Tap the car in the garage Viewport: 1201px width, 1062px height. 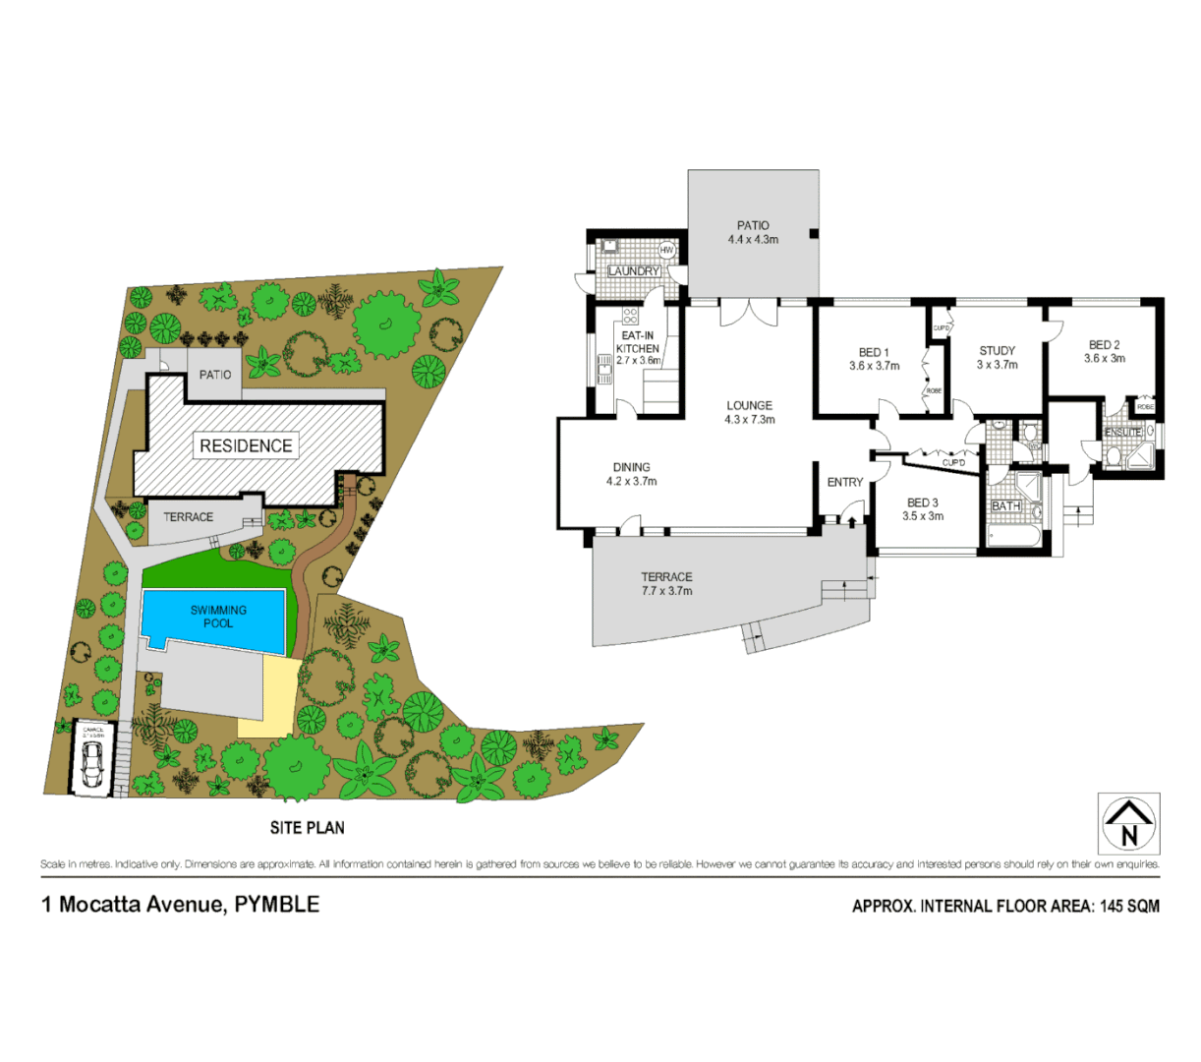coord(92,764)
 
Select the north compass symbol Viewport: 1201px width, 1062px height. coord(1128,823)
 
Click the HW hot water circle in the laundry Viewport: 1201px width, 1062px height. coord(666,251)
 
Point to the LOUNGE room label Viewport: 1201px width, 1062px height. coord(749,405)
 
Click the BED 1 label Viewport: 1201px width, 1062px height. coord(874,353)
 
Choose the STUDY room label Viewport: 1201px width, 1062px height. coord(997,351)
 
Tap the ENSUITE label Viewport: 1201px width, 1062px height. coord(1122,433)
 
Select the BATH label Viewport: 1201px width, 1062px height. coord(1005,506)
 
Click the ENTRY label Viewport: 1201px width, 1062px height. coord(845,482)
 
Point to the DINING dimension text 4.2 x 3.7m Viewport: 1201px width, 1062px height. coord(631,482)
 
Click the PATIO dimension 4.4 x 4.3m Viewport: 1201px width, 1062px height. coord(753,240)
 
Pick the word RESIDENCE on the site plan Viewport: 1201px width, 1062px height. coord(246,445)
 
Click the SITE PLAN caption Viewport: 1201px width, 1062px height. coord(308,828)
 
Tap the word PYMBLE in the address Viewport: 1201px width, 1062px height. coord(277,904)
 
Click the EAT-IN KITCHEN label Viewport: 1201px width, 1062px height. coord(637,342)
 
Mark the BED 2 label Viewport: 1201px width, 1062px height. coord(1104,345)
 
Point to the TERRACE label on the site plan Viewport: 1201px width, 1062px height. coord(188,517)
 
